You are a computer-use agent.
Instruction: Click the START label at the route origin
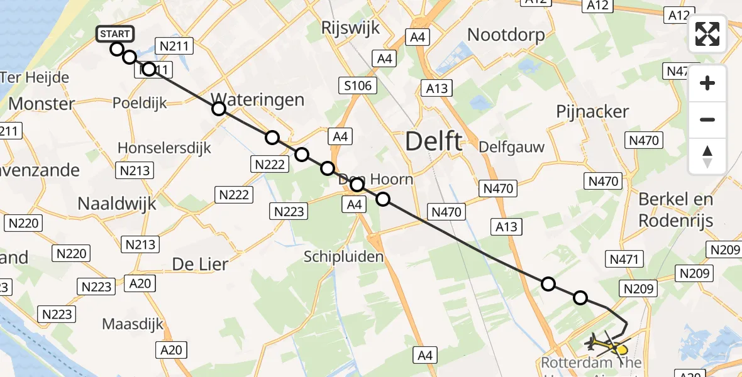click(x=115, y=34)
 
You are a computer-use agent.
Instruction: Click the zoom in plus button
click(x=707, y=83)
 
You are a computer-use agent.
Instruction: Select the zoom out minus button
click(x=707, y=119)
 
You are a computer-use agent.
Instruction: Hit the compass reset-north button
click(x=707, y=156)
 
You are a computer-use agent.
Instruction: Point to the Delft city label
click(x=434, y=141)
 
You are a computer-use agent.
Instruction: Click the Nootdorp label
click(x=506, y=35)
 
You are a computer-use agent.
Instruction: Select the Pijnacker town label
click(x=592, y=112)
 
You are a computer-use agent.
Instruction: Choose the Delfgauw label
click(x=511, y=147)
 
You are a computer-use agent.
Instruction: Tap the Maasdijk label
click(x=133, y=324)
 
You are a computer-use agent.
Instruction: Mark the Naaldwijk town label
click(x=117, y=203)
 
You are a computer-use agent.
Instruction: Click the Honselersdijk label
click(x=165, y=148)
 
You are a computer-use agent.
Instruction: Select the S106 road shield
click(x=358, y=85)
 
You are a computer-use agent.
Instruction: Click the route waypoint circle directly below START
click(x=117, y=49)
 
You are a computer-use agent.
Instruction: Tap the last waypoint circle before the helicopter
click(x=580, y=298)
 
